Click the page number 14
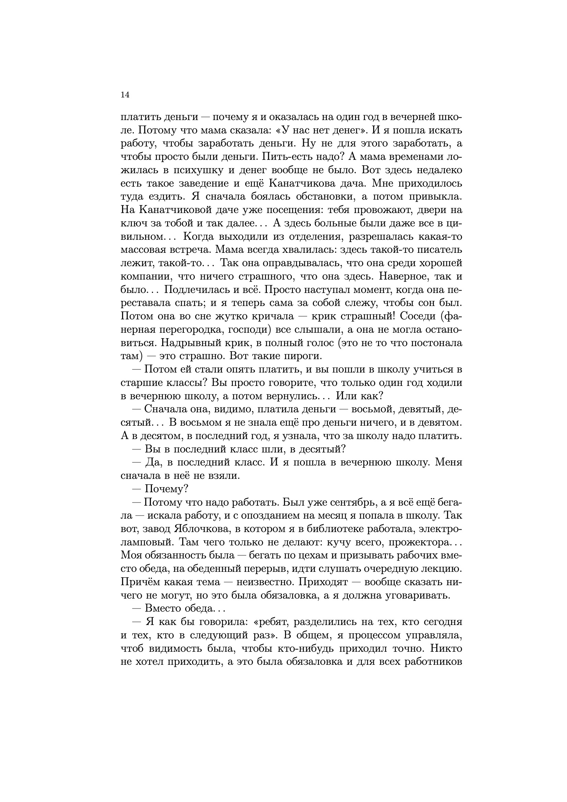pos(125,95)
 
